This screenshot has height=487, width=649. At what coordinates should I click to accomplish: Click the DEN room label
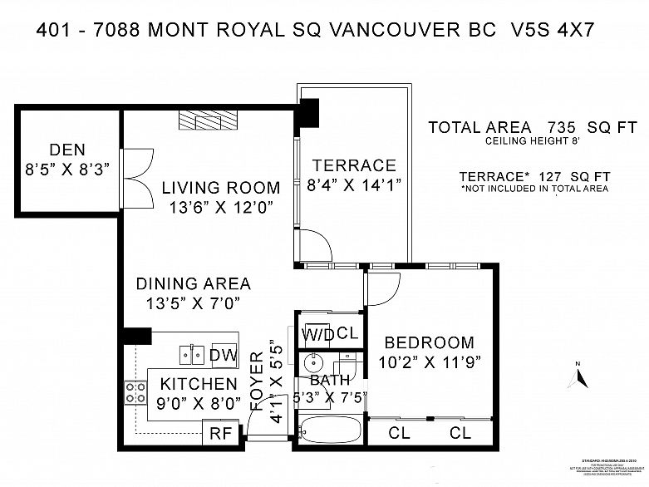pos(67,150)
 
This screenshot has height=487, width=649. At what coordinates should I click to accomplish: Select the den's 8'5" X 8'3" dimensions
pos(67,170)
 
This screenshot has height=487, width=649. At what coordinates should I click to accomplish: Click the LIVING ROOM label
pos(220,188)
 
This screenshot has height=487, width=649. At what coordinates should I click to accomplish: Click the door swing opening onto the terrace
pos(314,244)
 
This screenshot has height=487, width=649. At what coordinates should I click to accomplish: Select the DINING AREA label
pos(193,284)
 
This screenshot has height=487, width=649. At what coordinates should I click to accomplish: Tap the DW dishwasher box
pos(223,356)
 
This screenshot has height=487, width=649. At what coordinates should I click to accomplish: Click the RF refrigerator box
pos(220,432)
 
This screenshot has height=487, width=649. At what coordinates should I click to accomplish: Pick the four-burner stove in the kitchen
pos(135,392)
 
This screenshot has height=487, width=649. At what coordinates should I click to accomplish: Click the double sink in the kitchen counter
pos(193,356)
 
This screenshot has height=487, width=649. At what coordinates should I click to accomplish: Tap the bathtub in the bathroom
pos(330,431)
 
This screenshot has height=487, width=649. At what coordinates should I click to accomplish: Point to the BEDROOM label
pos(429,342)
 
